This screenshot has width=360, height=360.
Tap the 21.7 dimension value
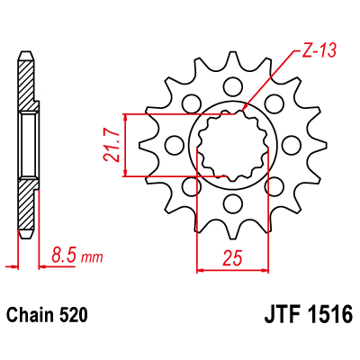110,145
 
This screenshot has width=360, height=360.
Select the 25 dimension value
231,257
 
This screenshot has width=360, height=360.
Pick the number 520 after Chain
74,317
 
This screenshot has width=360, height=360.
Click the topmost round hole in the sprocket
233,88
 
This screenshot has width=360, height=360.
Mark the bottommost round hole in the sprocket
233,202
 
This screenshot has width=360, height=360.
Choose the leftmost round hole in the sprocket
175,145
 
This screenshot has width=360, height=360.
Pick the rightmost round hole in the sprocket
290,145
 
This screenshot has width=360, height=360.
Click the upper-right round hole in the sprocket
274,104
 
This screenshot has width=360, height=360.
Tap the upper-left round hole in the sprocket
193,104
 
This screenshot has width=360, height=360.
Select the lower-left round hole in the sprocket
193,185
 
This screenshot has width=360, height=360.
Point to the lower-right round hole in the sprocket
274,185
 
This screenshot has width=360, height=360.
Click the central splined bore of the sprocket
233,145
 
